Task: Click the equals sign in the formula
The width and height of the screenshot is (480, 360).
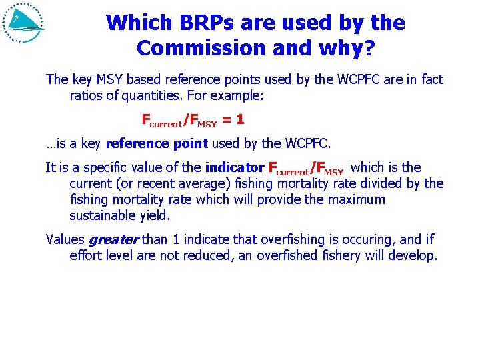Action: tap(229, 121)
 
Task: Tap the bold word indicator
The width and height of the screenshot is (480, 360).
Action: tap(235, 167)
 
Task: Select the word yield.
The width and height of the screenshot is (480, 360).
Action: tap(157, 215)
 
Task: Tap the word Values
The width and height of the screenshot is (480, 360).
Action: tap(65, 239)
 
